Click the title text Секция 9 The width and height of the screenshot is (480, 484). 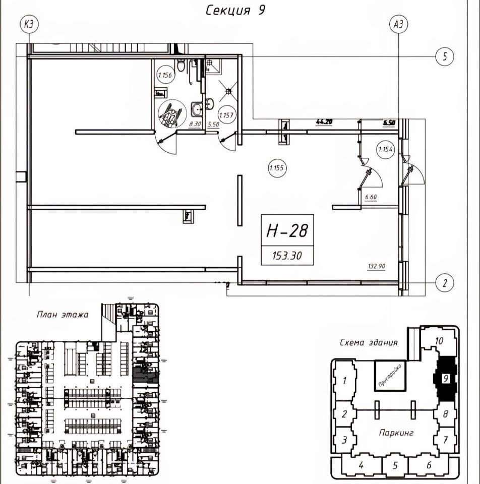point(234,11)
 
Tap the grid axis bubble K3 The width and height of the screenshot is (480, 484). point(30,24)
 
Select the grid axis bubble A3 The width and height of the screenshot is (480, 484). point(399,24)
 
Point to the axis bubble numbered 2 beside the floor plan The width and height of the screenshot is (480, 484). point(444,282)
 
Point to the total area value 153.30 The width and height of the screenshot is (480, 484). point(286,256)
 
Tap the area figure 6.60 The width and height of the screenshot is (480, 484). point(371,198)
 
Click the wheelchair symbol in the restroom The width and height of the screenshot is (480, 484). point(168,112)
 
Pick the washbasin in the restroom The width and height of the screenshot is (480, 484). point(196,108)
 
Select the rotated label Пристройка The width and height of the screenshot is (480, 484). point(389,375)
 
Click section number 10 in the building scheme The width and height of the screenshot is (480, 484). point(438,341)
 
